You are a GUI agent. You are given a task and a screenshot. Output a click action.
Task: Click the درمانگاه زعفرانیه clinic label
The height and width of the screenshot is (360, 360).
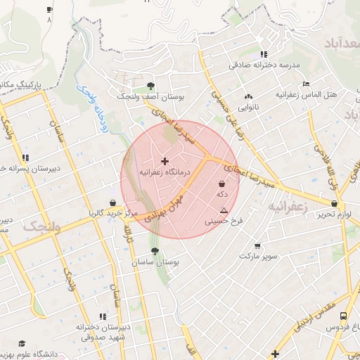165,172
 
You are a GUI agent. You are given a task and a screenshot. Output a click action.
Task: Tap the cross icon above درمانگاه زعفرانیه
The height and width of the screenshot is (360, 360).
165,162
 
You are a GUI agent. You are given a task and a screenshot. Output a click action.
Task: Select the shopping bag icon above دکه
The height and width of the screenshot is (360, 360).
222,185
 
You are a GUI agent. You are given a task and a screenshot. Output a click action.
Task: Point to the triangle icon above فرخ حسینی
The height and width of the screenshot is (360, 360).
224,210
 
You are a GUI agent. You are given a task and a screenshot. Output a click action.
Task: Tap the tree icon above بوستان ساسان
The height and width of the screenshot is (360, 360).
155,250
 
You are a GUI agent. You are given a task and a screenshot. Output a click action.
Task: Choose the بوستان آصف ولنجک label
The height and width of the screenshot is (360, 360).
150,97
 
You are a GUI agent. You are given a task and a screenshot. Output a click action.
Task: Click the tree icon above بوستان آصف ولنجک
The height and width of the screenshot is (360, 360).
150,86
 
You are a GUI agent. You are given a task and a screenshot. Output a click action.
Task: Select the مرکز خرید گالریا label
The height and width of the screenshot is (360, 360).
105,212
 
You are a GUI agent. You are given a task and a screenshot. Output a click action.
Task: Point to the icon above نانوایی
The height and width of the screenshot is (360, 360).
247,97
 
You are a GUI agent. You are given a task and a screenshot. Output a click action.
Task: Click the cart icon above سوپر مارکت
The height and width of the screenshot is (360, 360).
257,246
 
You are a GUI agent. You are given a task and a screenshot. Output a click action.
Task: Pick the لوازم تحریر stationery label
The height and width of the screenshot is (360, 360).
333,214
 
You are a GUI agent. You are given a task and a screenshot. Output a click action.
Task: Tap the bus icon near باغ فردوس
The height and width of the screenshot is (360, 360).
343,316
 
